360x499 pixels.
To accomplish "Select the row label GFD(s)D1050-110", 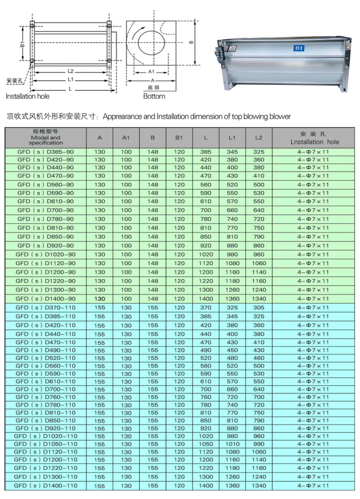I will (x=46, y=444).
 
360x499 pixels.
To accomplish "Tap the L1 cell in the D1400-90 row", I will (x=232, y=298).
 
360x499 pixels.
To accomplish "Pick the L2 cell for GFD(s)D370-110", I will (x=259, y=307).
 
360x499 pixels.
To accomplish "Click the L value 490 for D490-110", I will (x=205, y=350).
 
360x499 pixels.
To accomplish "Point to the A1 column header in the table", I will (x=126, y=138).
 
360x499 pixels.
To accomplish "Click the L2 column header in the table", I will (x=259, y=138).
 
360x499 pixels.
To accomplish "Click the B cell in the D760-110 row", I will (x=153, y=397).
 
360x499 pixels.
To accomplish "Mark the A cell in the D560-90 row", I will (x=100, y=184).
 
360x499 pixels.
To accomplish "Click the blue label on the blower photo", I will (x=299, y=48).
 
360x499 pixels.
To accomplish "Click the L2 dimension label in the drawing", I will (x=70, y=71).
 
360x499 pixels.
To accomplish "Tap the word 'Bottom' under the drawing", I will (x=154, y=96).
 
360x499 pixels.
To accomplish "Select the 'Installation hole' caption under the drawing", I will (x=27, y=96).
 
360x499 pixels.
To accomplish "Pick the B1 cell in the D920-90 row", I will (x=179, y=245).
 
